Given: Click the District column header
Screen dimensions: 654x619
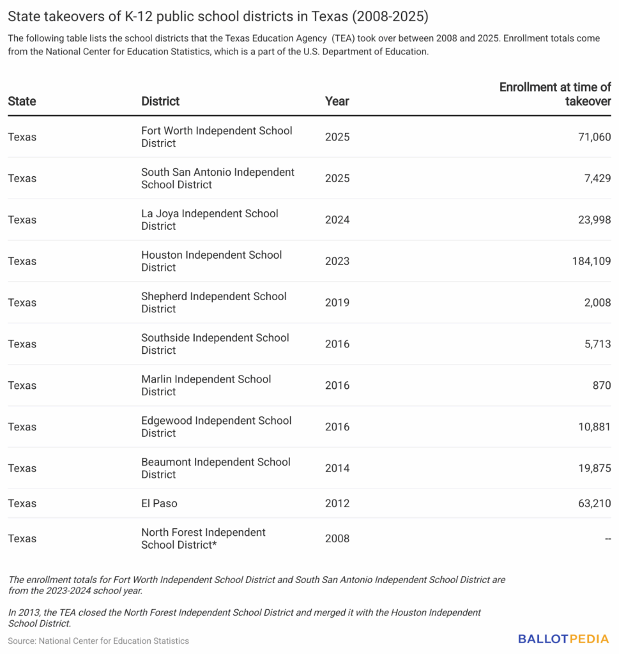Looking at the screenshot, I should pos(160,101).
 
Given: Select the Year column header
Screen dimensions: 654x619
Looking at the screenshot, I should pos(337,101).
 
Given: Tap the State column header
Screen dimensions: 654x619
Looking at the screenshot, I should pos(22,101).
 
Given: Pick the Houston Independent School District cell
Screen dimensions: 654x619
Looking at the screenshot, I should pos(211,261).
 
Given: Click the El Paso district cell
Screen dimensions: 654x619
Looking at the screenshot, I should pos(159,503).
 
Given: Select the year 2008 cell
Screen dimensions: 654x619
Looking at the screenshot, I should pos(337,538).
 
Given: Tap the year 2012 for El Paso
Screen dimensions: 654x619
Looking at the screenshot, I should pos(337,503).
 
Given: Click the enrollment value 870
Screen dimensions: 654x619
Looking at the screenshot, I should pos(600,385).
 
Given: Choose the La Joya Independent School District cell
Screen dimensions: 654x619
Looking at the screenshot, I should pos(210,219).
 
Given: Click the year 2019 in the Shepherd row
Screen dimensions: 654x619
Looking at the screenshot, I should pos(337,302).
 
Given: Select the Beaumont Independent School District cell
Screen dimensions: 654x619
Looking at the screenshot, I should pos(216,468).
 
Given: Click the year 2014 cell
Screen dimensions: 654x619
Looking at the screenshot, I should pos(337,468).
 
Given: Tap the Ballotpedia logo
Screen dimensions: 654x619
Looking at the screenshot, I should pos(564,639).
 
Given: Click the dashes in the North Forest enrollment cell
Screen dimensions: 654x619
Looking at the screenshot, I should pos(608,538).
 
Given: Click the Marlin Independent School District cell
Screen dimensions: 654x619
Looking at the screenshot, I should pos(206,385).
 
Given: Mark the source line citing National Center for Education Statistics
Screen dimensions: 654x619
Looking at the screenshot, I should pos(98,641).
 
